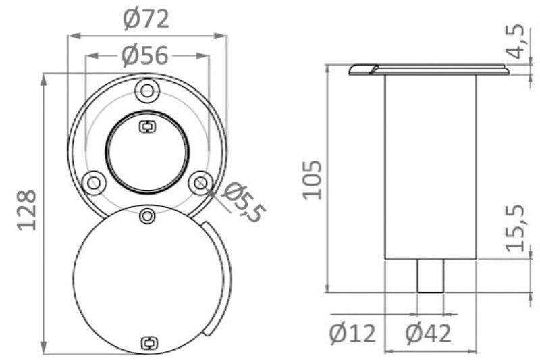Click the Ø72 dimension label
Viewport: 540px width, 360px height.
click(x=146, y=20)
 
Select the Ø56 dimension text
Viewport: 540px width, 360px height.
click(x=145, y=55)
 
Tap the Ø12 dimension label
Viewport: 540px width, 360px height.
click(x=352, y=333)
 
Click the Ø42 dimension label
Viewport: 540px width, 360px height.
click(x=429, y=333)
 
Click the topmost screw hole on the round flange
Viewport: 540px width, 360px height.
click(x=146, y=91)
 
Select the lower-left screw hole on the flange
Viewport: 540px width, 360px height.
click(x=92, y=181)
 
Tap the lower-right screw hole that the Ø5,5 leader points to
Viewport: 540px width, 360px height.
click(x=200, y=181)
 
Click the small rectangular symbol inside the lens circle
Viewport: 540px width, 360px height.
click(x=146, y=126)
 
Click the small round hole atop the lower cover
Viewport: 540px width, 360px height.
click(x=146, y=215)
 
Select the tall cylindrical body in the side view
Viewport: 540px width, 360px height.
click(x=430, y=165)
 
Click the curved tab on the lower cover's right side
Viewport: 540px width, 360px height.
click(x=216, y=277)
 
